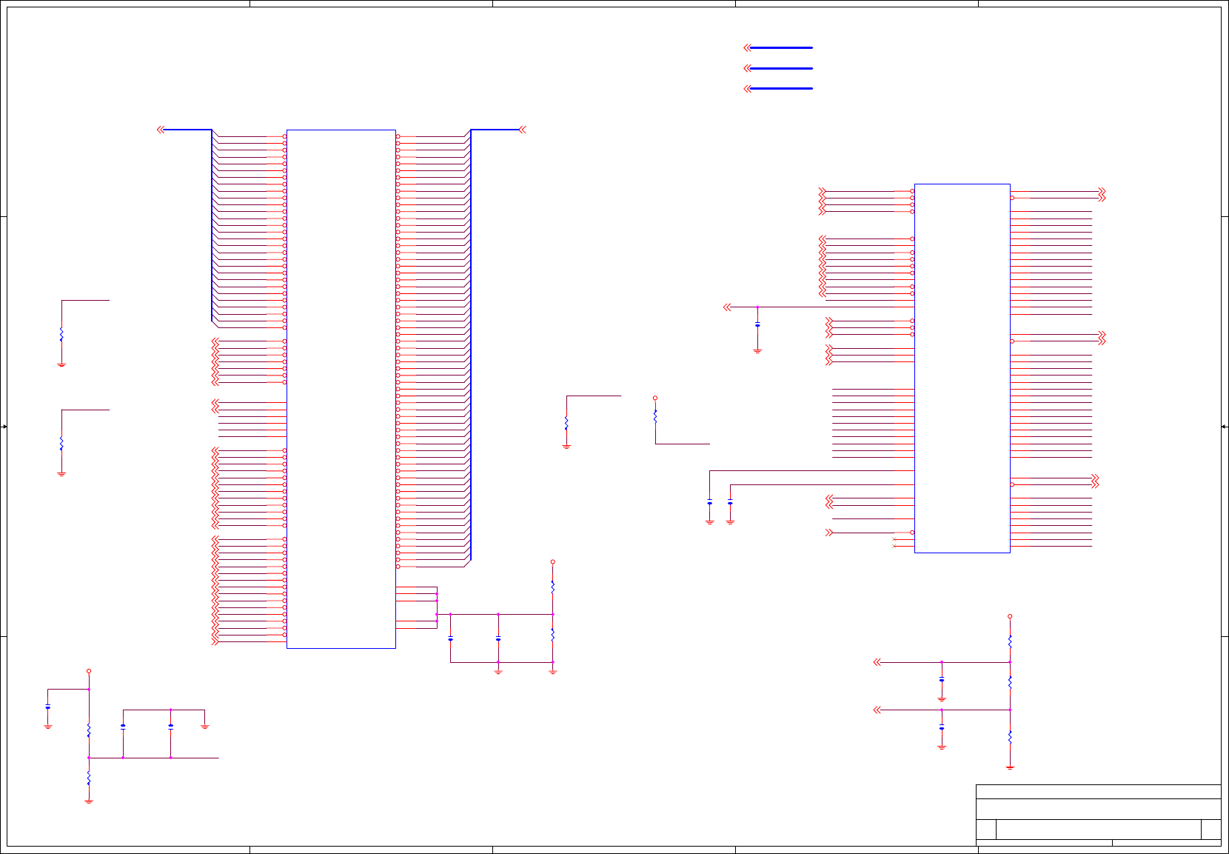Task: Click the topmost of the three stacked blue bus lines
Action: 781,47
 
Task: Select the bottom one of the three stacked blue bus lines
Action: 781,88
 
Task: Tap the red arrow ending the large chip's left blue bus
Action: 160,130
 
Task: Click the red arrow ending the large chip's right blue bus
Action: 522,130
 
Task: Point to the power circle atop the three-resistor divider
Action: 1010,616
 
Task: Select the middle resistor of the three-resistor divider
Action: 1010,682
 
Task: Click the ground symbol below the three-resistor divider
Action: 1010,767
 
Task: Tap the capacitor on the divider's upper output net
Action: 942,679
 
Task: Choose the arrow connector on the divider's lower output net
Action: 877,710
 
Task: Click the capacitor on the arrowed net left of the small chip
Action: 757,325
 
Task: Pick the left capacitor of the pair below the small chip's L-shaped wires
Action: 709,503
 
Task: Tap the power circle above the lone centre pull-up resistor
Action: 655,398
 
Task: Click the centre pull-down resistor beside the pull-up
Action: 566,423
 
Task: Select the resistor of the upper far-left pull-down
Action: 61,335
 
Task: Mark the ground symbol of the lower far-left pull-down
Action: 61,474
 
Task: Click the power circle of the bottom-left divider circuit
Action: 89,671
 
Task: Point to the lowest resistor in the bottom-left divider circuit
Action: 89,778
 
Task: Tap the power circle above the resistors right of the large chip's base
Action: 552,562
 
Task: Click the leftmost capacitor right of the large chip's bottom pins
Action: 450,638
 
